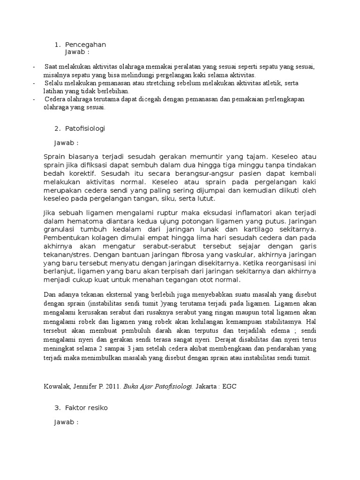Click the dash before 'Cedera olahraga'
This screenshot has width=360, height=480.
[x=34, y=99]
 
